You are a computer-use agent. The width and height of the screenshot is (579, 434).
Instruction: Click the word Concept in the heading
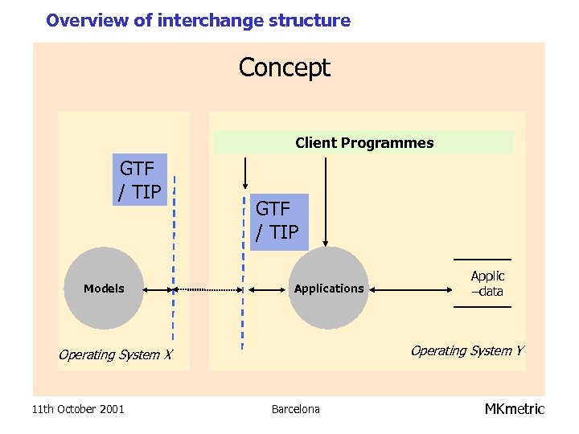284,68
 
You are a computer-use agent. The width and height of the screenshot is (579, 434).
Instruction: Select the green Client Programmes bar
363,142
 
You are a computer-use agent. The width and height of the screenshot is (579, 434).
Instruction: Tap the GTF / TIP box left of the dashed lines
140,180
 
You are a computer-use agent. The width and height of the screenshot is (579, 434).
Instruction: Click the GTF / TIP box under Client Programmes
277,221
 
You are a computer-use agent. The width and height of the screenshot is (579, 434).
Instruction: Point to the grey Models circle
104,289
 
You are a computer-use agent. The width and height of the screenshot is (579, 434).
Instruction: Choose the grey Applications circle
328,289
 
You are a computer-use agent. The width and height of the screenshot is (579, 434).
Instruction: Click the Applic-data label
487,284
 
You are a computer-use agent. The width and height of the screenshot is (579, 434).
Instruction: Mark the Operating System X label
115,355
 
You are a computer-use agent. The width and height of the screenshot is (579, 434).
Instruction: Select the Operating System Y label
466,350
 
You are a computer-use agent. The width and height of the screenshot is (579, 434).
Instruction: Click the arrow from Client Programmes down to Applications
326,201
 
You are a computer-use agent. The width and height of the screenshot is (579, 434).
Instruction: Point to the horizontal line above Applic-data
482,260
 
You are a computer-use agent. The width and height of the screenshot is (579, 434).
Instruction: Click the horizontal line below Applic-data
482,307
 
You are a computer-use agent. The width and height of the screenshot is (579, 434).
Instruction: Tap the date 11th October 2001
78,409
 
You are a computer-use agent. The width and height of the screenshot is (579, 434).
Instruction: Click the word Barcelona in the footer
295,409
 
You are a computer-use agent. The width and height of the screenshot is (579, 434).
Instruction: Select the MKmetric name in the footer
514,409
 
